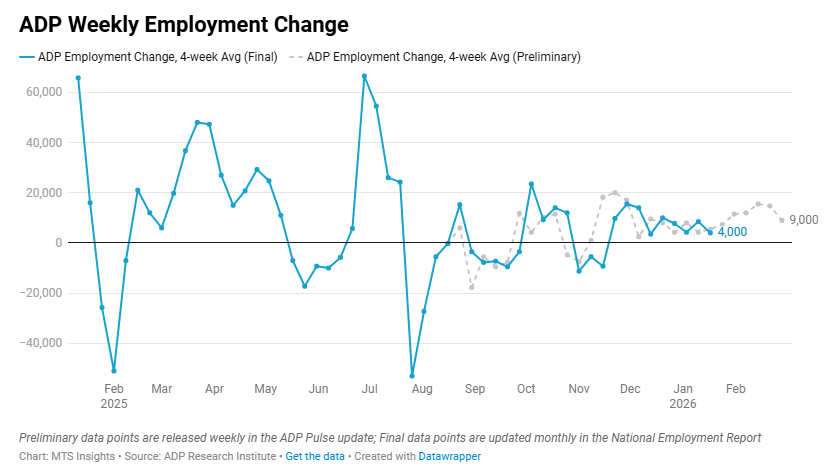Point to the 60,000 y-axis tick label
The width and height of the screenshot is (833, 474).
pos(43,92)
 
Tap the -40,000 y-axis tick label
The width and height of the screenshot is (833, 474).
pos(41,343)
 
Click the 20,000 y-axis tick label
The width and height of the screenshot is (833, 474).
pos(43,193)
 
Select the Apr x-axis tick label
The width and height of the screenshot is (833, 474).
pos(212,388)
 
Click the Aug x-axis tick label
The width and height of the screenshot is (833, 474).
pos(422,388)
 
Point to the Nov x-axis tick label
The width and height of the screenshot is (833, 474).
pos(578,388)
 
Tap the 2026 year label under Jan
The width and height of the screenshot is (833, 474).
pos(683,403)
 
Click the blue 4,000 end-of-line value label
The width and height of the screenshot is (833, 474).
pos(733,232)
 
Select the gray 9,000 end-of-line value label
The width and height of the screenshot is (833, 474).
pos(804,220)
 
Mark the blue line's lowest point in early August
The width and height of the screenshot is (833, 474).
pos(412,376)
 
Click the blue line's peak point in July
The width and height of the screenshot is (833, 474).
pos(364,76)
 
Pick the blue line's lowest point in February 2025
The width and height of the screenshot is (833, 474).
pos(114,371)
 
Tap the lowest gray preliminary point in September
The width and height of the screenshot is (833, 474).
pos(471,287)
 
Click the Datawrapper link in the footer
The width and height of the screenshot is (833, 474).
pos(449,456)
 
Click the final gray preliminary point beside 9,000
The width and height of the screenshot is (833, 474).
pos(782,220)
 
